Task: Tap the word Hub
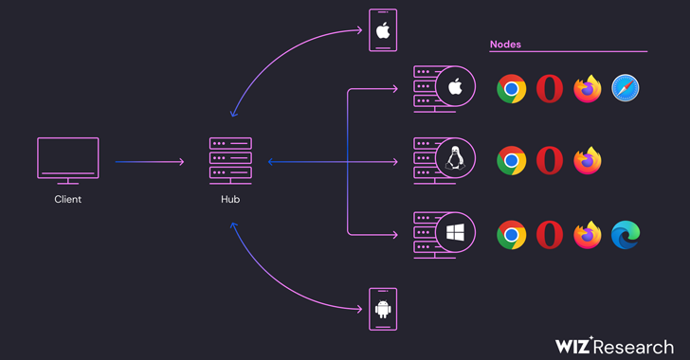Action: [230, 199]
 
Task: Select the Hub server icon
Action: [230, 161]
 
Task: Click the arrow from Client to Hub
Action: [150, 162]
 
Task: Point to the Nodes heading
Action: [505, 45]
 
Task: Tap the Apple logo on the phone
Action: [383, 31]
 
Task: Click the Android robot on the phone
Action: [383, 309]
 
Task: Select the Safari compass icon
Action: [626, 88]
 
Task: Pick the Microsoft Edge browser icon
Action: [626, 235]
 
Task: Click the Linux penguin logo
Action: [456, 158]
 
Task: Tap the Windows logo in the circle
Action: [456, 232]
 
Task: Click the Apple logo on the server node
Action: [456, 86]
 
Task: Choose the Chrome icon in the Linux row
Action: [512, 161]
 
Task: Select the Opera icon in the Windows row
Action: [550, 235]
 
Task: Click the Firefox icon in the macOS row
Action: [588, 88]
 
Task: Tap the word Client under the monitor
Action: [68, 199]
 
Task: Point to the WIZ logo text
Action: [572, 346]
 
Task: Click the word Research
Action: [633, 347]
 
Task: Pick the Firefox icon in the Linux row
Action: [588, 161]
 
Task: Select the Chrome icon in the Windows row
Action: [512, 235]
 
